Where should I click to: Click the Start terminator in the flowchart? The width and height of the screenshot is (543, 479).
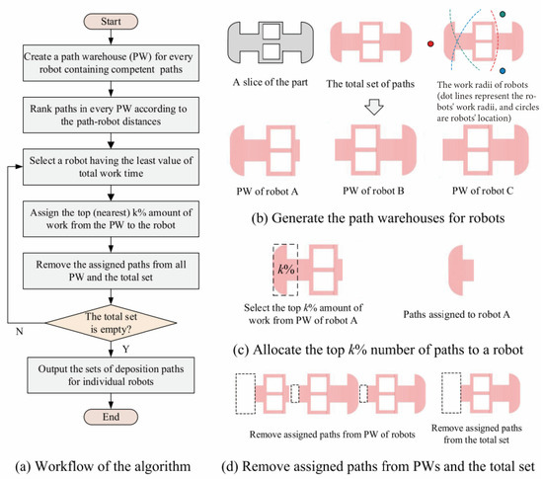pos(111,22)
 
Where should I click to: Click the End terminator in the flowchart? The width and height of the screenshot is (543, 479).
pos(111,417)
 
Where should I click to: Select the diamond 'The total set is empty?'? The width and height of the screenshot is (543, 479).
pos(111,323)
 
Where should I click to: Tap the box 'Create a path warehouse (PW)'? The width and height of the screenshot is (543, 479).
pos(111,63)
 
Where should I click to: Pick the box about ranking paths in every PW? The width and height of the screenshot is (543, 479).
pos(111,115)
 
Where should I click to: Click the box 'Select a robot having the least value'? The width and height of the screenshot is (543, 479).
pos(111,167)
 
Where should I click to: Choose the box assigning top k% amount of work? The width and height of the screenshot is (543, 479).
pos(111,219)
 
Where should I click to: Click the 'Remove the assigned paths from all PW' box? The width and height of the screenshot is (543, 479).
pos(111,271)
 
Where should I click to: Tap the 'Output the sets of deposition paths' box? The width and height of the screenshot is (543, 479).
pos(111,375)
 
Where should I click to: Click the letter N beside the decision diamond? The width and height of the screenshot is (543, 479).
pos(20,332)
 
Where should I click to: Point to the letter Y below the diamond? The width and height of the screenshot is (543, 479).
pos(125,349)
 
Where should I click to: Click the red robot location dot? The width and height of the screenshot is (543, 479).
pos(430,43)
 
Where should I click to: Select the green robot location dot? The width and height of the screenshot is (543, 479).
pos(503,14)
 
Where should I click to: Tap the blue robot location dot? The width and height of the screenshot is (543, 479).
pos(503,71)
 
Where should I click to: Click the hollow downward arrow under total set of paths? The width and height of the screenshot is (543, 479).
pos(374,108)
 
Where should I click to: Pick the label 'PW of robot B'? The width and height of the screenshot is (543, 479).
pos(373,191)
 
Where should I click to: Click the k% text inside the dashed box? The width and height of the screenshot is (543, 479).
pos(286,269)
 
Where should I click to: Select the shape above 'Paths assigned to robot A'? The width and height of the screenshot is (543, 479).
pos(461,270)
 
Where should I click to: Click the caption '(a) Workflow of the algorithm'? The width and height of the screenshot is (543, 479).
pos(103,466)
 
